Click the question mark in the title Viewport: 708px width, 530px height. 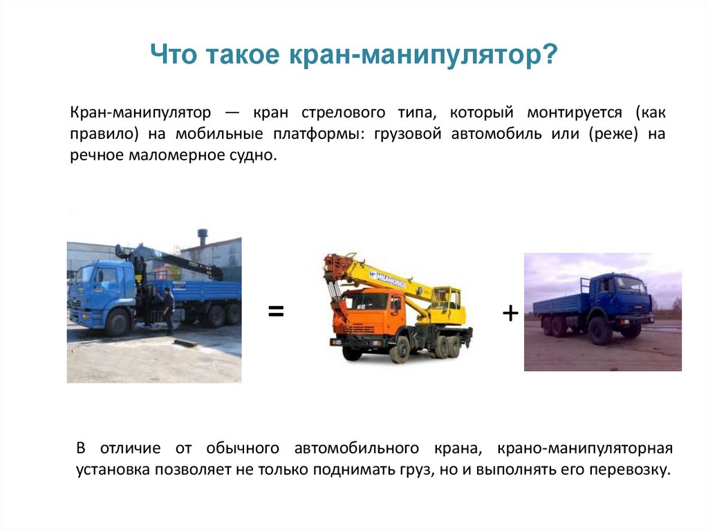point(550,55)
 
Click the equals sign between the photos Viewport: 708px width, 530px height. point(276,312)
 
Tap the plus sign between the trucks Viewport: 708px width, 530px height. point(510,314)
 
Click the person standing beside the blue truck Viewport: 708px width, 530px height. point(168,310)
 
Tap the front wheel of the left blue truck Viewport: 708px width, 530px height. point(118,322)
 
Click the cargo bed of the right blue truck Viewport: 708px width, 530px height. point(559,303)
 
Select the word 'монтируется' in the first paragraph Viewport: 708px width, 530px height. point(575,113)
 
